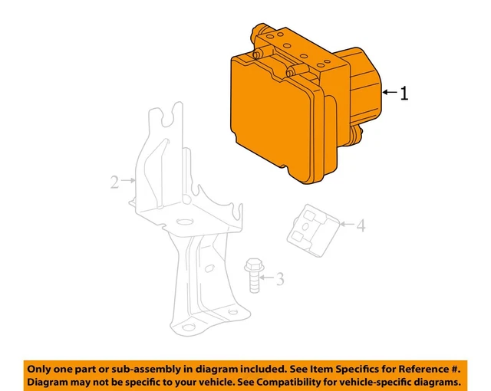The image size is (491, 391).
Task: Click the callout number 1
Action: pyautogui.click(x=404, y=94)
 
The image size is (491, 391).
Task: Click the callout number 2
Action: pyautogui.click(x=114, y=182)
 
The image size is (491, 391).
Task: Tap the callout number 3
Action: pyautogui.click(x=280, y=279)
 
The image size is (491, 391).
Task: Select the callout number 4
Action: pyautogui.click(x=360, y=225)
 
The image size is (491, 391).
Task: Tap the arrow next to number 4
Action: pyautogui.click(x=347, y=225)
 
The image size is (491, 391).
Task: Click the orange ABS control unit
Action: pyautogui.click(x=292, y=107)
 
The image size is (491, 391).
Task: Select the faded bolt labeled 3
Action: pyautogui.click(x=252, y=276)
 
